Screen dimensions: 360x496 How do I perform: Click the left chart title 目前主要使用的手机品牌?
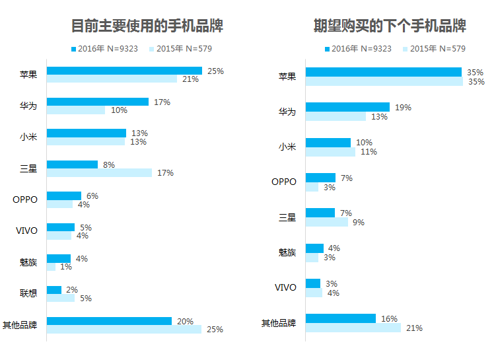147,26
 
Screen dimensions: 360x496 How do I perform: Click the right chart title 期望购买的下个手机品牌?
390,26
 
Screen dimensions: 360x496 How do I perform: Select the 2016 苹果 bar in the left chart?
124,71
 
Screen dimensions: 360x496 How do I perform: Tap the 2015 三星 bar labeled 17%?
99,172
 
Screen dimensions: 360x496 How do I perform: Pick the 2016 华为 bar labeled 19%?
347,107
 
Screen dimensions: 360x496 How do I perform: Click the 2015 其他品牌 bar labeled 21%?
353,328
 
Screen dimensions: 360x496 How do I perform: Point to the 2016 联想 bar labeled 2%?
54,290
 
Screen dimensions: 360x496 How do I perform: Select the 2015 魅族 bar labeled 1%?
51,267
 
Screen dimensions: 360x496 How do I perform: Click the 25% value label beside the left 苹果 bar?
216,71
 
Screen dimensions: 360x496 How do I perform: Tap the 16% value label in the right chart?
389,319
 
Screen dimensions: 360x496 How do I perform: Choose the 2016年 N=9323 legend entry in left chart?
104,49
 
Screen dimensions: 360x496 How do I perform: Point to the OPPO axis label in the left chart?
25,199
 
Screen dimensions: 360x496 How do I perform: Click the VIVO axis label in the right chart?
285,287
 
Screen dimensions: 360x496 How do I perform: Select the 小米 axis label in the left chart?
28,137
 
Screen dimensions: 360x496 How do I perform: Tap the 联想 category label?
28,293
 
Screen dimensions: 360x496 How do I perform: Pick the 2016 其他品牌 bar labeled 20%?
109,321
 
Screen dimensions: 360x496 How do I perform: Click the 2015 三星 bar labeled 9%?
327,222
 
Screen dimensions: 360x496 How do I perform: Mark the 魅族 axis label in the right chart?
287,252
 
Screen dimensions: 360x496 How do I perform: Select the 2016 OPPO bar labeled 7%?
320,178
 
